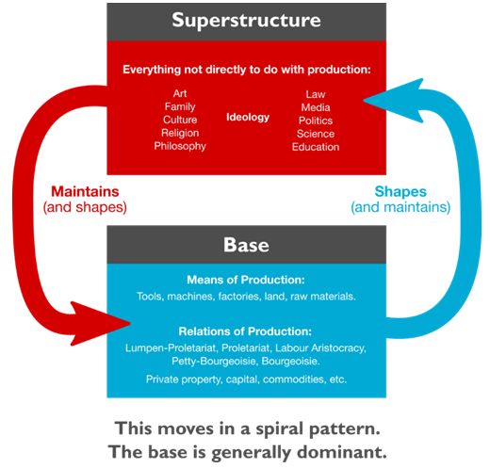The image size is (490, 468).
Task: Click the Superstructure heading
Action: pos(246,21)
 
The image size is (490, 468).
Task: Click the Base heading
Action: pos(246,245)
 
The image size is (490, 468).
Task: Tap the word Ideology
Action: pos(248,118)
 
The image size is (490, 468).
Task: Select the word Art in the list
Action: pos(180,93)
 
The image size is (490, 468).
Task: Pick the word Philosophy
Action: pos(180,146)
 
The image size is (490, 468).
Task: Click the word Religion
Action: pos(180,133)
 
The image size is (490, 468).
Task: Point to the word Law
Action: pos(316,94)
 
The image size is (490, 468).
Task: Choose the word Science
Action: pos(316,134)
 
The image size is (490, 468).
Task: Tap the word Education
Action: pos(316,147)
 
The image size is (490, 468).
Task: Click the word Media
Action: pos(316,107)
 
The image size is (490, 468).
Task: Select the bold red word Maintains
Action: pos(85,191)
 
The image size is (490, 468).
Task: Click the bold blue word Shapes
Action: pos(400,192)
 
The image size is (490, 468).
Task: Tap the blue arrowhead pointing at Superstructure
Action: pos(394,101)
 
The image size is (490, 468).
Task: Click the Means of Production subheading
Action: pos(246,280)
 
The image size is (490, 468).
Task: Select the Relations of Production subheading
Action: pos(245,331)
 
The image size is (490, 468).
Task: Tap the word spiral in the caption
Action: pos(280,429)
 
